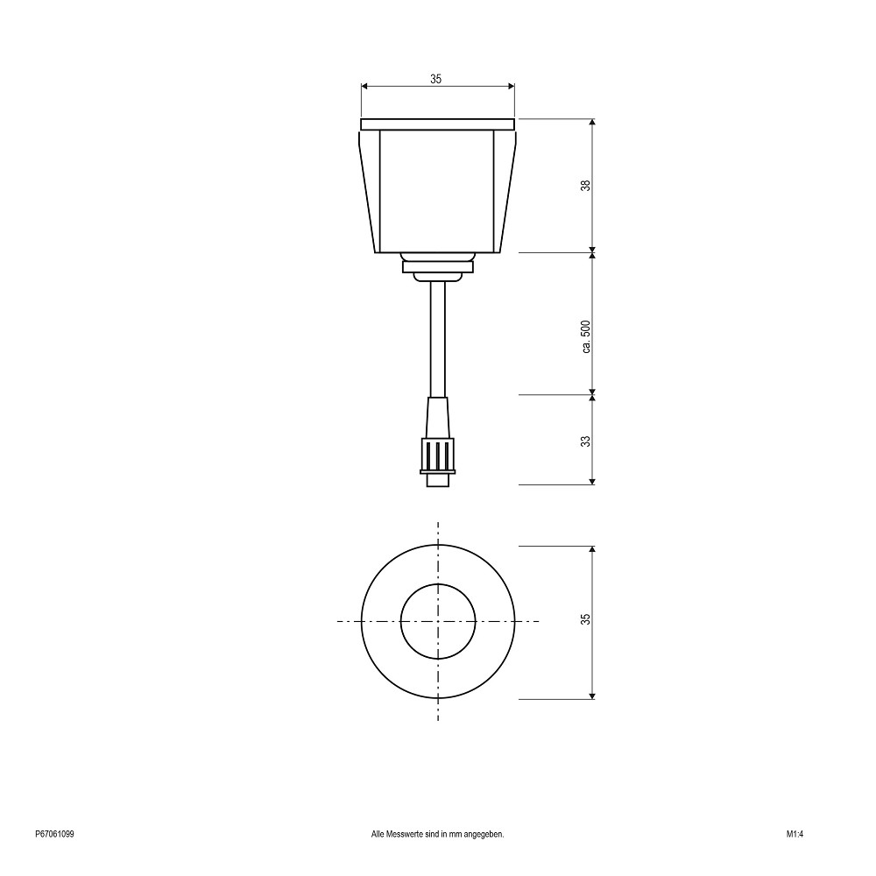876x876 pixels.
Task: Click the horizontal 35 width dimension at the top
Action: [437, 86]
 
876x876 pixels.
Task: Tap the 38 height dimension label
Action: [585, 186]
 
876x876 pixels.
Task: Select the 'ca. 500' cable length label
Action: [585, 337]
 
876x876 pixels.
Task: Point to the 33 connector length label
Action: [585, 441]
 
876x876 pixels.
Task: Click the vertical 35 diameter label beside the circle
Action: [585, 619]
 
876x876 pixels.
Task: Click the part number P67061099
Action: [54, 834]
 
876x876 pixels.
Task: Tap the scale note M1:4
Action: [795, 834]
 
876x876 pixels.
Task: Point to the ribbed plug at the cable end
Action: [437, 456]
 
